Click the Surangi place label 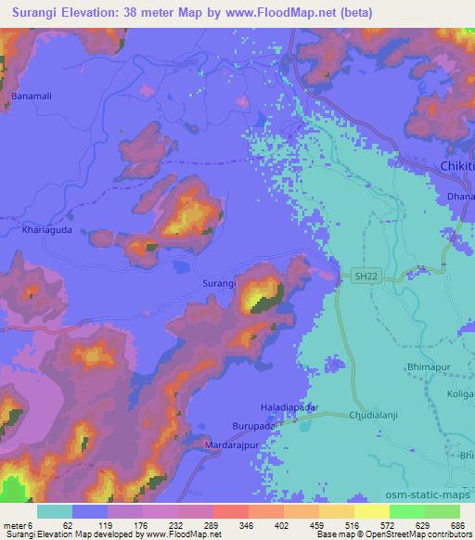tap(219, 281)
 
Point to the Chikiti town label tap(456, 165)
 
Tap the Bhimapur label tap(430, 368)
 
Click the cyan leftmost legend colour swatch tap(55, 511)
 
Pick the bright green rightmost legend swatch tap(442, 511)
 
